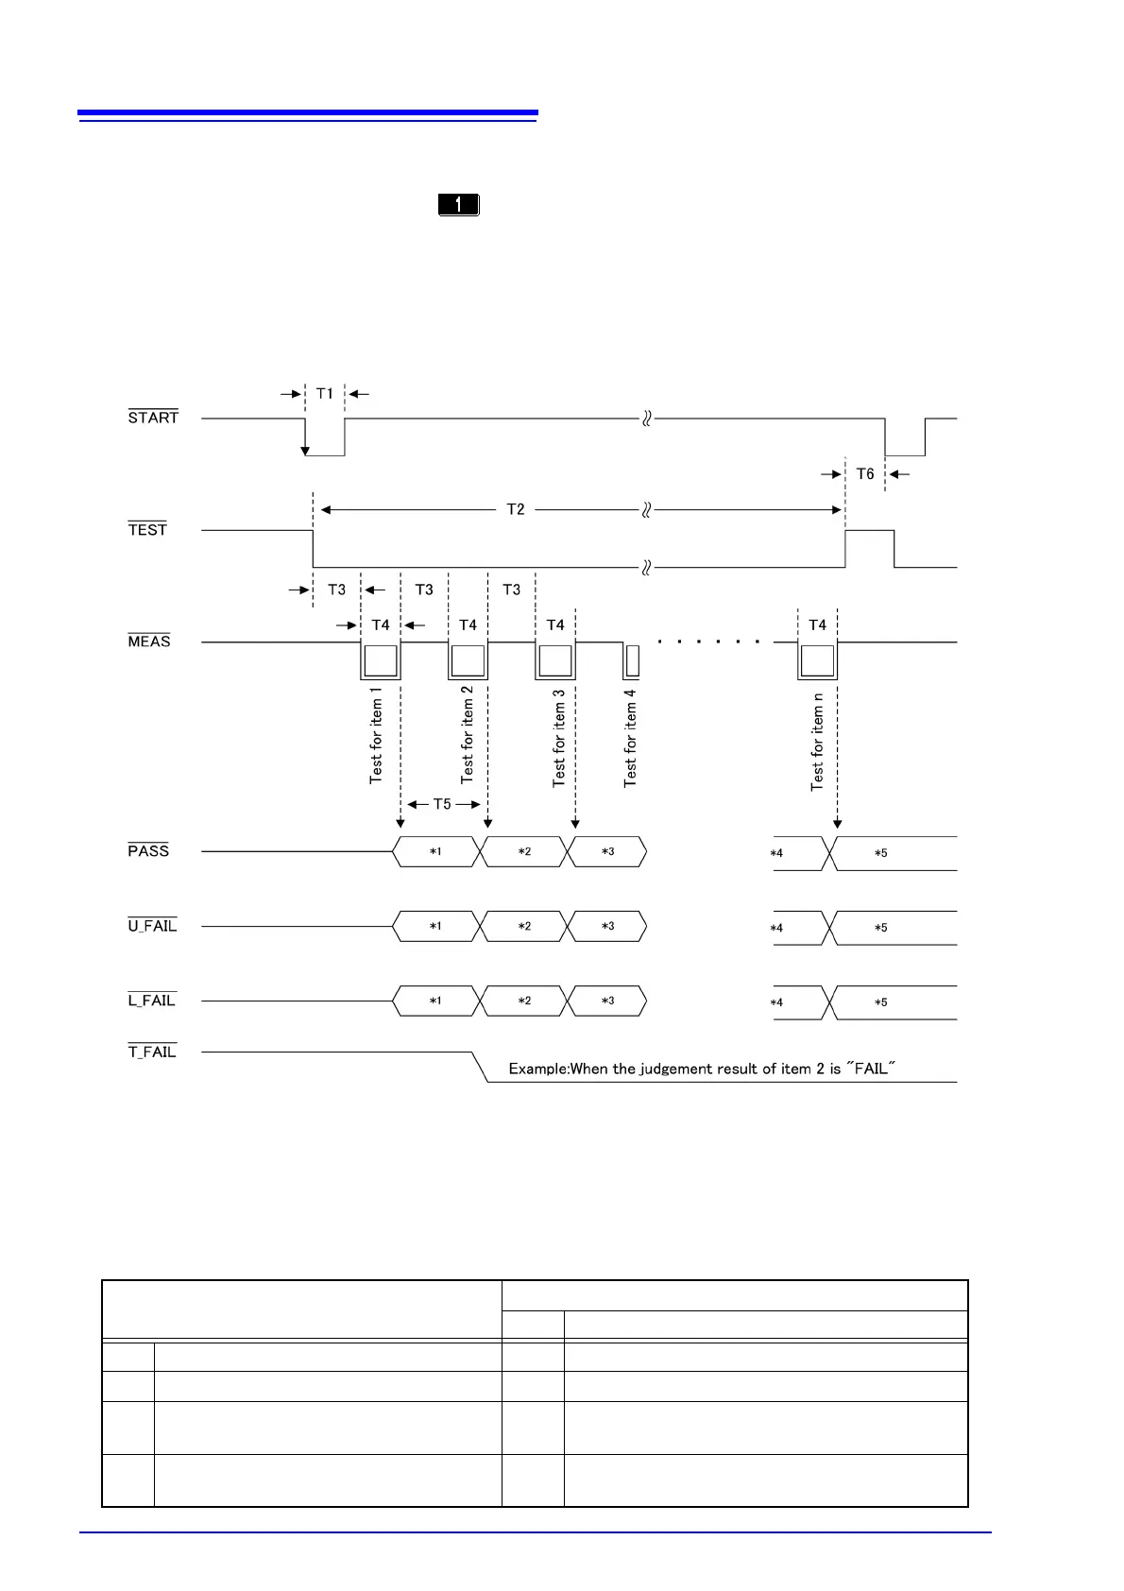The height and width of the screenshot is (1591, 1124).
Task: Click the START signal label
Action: click(x=153, y=418)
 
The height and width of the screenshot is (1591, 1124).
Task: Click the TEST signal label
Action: click(x=147, y=530)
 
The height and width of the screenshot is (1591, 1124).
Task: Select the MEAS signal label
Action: click(x=149, y=642)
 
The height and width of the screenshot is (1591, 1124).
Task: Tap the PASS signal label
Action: click(x=148, y=851)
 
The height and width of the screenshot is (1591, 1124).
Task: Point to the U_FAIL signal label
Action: click(x=152, y=926)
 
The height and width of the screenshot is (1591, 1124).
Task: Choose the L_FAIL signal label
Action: click(x=152, y=1001)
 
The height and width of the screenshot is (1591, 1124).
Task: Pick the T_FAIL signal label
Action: click(x=152, y=1052)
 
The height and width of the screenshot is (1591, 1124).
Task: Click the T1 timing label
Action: click(x=325, y=394)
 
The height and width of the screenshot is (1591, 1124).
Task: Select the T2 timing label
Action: click(x=516, y=510)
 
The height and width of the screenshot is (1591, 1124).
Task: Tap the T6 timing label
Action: click(x=865, y=474)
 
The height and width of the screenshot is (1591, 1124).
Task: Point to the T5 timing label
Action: click(x=442, y=805)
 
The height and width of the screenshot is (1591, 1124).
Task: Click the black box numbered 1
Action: click(x=459, y=204)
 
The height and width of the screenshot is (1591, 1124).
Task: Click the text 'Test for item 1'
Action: click(x=376, y=736)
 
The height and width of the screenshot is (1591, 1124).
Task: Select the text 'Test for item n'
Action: click(x=818, y=742)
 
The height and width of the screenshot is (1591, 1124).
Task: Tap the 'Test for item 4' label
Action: click(x=630, y=738)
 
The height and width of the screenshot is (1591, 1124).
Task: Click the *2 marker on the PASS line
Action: click(x=524, y=852)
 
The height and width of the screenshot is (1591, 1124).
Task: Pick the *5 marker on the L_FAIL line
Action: click(x=880, y=1002)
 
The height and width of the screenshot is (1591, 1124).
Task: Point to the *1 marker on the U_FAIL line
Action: click(x=435, y=927)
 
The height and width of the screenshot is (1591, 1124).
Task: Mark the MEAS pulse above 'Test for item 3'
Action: click(x=555, y=660)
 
